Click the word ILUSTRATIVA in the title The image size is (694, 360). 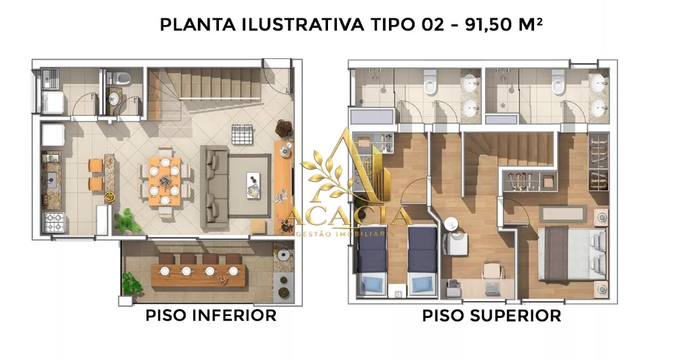click(303, 25)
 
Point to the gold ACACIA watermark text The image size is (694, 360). click(348, 217)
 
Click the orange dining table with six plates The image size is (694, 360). click(164, 182)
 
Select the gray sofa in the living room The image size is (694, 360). click(214, 184)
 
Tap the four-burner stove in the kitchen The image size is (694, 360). click(54, 222)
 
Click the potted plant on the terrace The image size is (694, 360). click(131, 283)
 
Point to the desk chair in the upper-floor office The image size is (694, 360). click(493, 271)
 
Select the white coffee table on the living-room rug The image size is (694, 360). click(254, 184)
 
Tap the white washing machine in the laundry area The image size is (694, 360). click(52, 102)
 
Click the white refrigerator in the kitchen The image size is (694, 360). click(53, 135)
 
